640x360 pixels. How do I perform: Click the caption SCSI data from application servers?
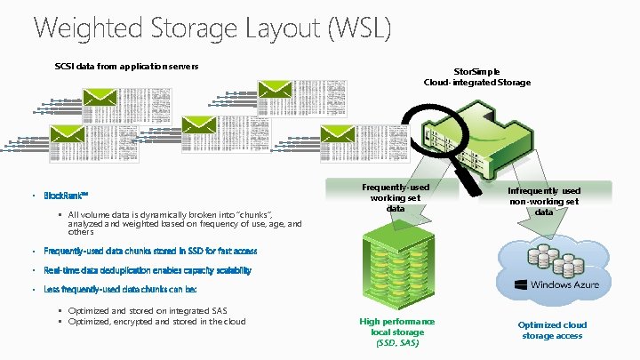(126, 66)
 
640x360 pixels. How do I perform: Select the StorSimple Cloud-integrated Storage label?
(476, 76)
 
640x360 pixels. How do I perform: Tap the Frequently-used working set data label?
(396, 197)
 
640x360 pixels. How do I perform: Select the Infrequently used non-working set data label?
(544, 202)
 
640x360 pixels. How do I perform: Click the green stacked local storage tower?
(396, 267)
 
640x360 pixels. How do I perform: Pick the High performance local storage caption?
(396, 325)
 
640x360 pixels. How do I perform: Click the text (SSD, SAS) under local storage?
(396, 342)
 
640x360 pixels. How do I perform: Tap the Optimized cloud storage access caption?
(551, 330)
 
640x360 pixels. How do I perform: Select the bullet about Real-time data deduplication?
(148, 270)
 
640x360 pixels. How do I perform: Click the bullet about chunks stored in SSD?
(150, 252)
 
